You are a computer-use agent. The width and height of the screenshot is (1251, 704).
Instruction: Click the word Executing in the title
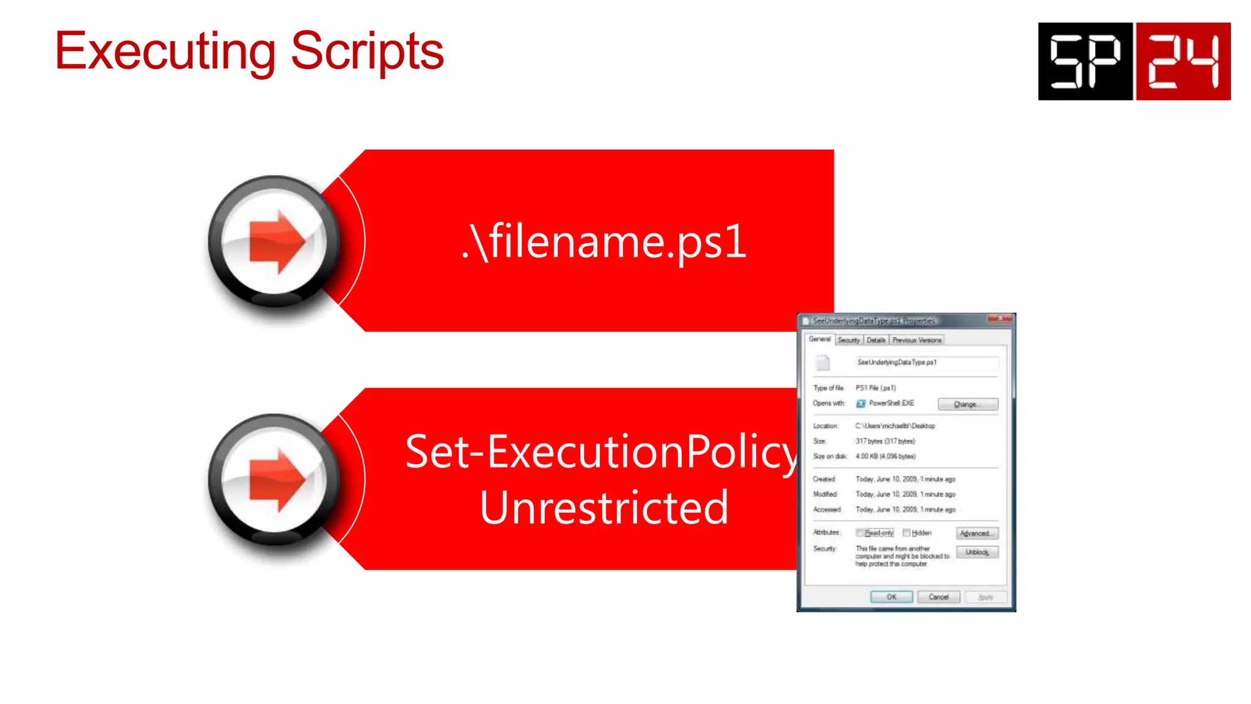(165, 52)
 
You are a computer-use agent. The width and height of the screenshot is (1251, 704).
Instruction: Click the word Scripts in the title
(367, 52)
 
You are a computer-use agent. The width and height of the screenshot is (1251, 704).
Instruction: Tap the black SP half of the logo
(1085, 61)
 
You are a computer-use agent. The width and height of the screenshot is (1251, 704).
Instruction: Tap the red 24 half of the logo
(1183, 61)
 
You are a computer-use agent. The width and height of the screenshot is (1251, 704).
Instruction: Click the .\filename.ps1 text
(604, 241)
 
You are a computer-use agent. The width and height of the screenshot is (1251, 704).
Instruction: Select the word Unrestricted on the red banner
(604, 507)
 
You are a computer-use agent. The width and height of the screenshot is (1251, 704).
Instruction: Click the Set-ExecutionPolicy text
(602, 452)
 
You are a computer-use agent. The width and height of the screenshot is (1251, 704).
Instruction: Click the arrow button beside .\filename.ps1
(275, 241)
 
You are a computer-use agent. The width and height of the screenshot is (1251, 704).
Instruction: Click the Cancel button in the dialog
(938, 597)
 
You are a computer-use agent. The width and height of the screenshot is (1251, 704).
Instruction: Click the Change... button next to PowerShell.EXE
(968, 404)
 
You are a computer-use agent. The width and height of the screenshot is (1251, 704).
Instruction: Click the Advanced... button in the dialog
(977, 533)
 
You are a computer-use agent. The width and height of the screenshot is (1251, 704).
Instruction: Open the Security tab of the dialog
(848, 340)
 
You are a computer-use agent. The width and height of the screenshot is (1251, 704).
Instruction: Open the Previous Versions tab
(916, 340)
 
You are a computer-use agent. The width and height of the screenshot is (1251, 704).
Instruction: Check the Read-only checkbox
(860, 533)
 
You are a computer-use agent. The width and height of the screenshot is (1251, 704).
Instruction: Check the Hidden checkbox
(906, 533)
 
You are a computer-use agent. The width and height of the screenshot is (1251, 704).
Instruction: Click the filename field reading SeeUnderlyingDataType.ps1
(927, 362)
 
